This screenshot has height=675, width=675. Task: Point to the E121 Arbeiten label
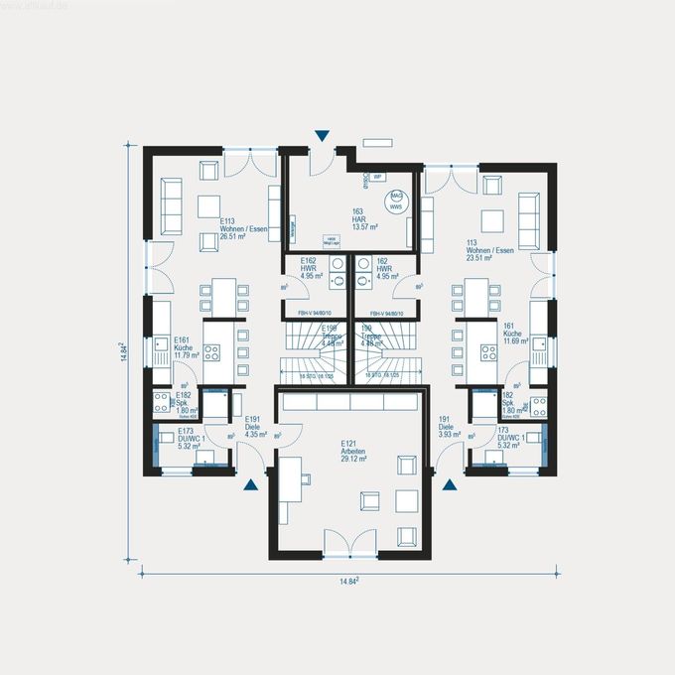tap(352, 452)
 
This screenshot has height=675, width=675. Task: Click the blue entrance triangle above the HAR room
tap(322, 135)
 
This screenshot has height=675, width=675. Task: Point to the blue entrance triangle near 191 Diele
tap(450, 484)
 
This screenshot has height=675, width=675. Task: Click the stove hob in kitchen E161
tap(211, 351)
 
